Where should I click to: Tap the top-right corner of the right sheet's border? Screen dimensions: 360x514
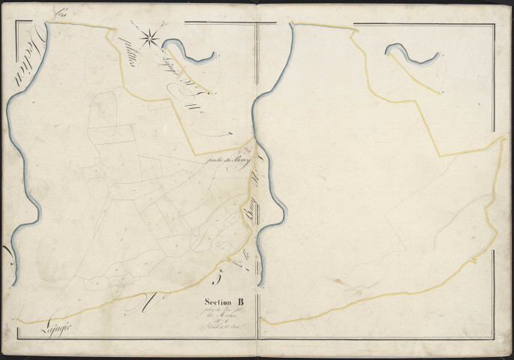[494, 23]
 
